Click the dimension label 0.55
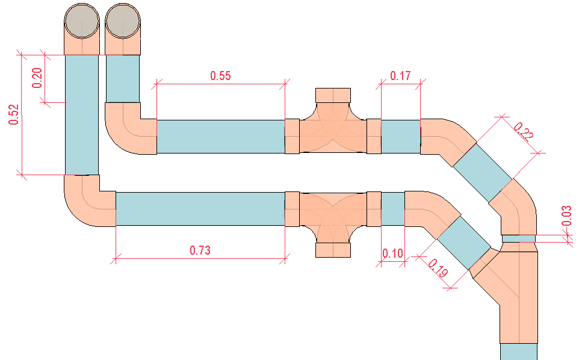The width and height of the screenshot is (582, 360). click(220, 75)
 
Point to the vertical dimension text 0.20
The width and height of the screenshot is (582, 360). click(37, 78)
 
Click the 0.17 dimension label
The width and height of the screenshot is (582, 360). click(400, 76)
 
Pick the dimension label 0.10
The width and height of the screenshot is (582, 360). click(392, 254)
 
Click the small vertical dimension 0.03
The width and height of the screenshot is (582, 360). click(566, 216)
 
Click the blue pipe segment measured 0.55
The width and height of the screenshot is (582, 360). click(220, 136)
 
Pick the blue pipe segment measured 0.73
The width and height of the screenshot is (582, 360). click(200, 209)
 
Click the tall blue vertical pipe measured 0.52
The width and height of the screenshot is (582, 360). click(81, 114)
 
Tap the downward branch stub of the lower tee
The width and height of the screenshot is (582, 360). click(333, 249)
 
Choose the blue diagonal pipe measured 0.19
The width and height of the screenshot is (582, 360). click(463, 243)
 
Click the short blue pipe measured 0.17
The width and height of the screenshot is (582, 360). click(400, 136)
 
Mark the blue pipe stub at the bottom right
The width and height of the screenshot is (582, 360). click(518, 352)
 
